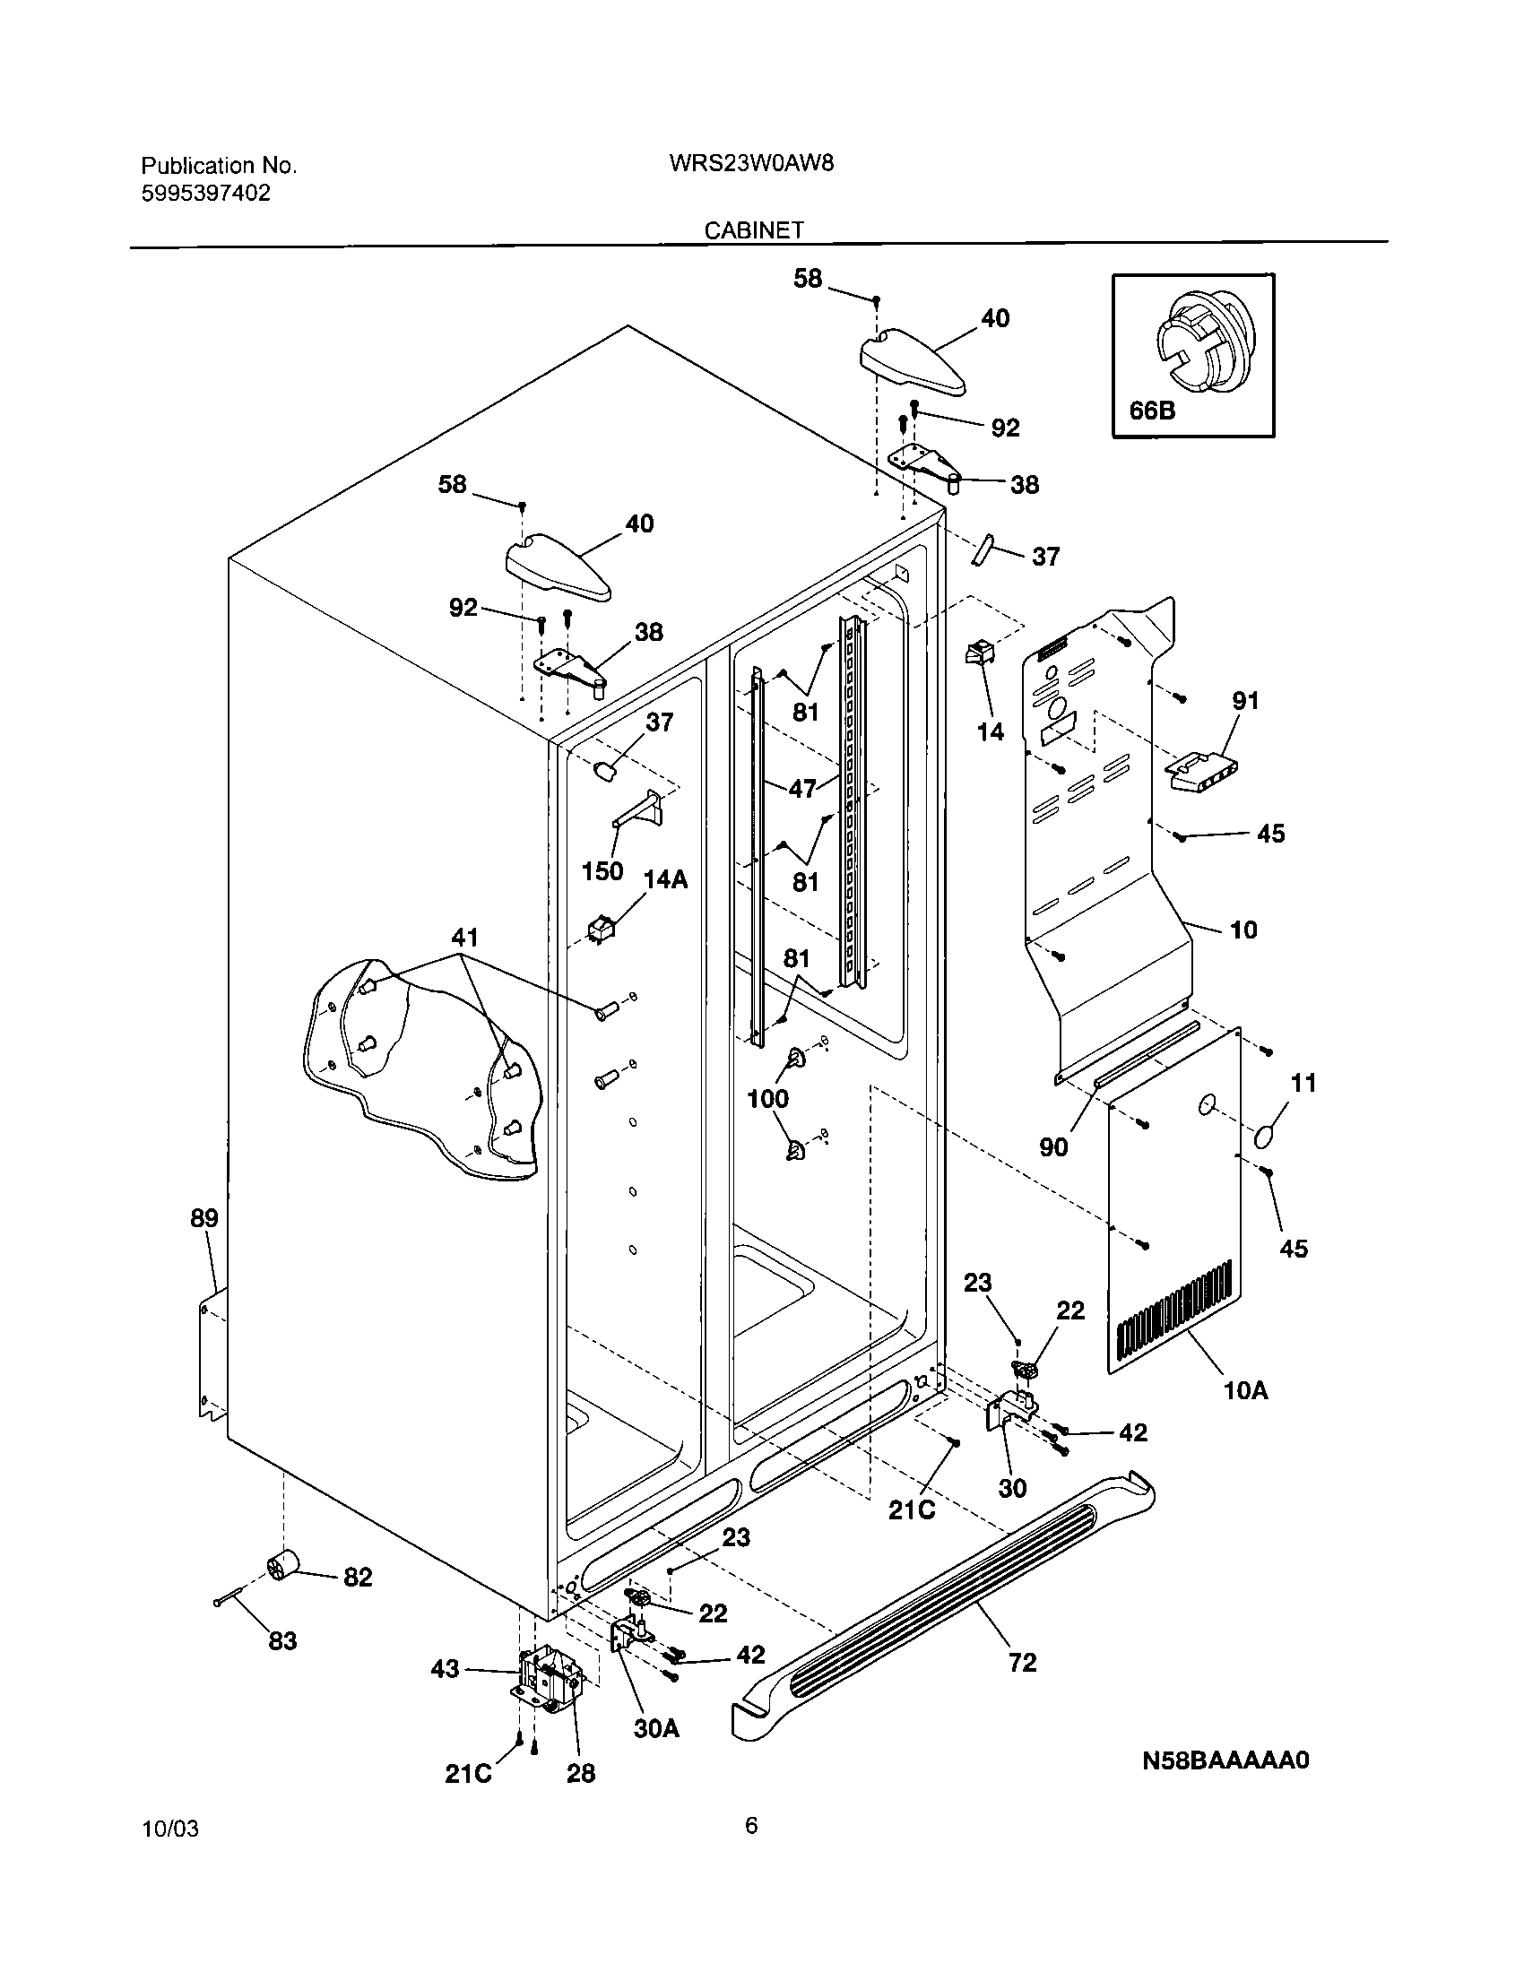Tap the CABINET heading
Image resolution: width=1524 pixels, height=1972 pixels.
click(x=753, y=230)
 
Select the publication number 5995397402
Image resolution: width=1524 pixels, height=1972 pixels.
click(x=206, y=194)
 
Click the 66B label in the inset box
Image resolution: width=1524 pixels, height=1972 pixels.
click(x=1152, y=411)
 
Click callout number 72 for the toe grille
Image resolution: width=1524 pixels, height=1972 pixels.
click(x=1022, y=1662)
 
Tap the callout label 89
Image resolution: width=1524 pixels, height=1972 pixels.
click(x=204, y=1218)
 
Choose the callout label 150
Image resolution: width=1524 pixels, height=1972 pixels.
click(x=602, y=871)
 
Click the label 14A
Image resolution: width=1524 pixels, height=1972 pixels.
click(x=665, y=879)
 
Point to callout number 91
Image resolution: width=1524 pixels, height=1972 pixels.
click(x=1245, y=700)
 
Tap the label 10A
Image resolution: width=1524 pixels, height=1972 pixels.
click(x=1246, y=1390)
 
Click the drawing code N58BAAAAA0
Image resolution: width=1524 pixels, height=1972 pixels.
click(x=1225, y=1760)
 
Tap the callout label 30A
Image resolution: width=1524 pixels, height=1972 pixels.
click(x=656, y=1728)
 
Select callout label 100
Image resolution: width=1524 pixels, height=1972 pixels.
click(x=767, y=1099)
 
